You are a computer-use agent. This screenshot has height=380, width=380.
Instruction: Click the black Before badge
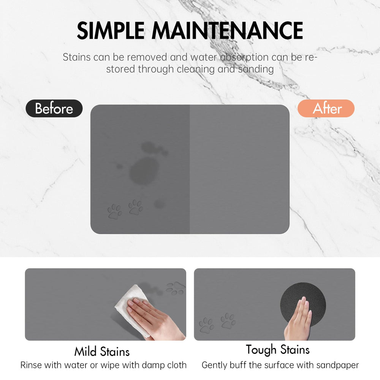pos(54,108)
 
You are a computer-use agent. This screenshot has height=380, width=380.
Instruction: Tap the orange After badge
pos(326,108)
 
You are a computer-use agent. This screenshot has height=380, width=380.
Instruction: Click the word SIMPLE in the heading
pos(111,30)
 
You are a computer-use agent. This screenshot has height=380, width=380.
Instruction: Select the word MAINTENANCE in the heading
pos(227,30)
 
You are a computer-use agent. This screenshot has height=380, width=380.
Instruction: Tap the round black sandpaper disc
pos(303,304)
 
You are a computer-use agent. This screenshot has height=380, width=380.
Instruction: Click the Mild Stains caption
pos(102,351)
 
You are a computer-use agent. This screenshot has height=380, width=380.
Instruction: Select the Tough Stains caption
pos(278,350)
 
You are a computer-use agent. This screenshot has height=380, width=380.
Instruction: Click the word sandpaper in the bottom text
pos(337,365)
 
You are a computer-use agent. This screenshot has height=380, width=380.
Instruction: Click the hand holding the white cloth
pos(155,317)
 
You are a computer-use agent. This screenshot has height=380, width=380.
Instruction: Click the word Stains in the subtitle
pos(77,57)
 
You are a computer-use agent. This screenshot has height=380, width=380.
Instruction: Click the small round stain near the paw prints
pos(160,204)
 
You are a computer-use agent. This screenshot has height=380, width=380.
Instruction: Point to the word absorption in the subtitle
pos(244,58)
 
